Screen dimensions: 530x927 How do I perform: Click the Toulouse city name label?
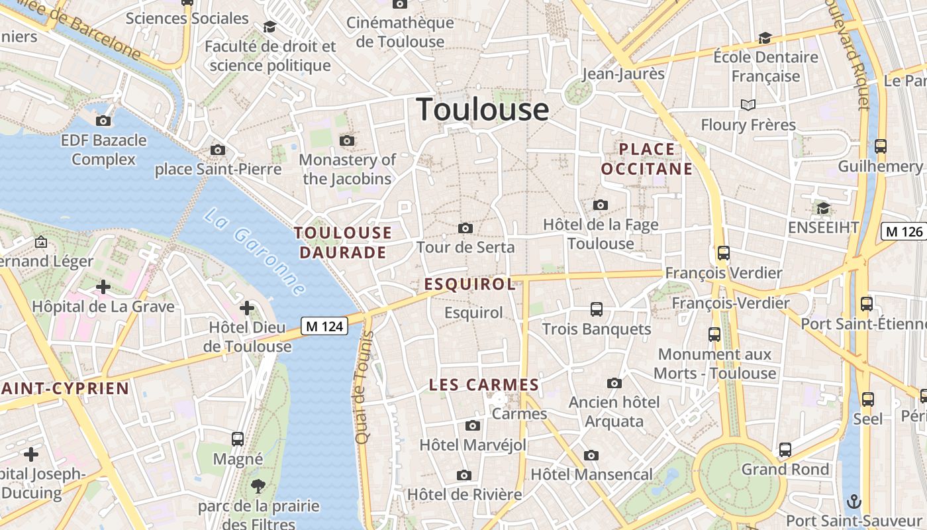483,109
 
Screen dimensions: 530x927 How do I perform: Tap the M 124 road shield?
324,326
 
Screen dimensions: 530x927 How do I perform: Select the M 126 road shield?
904,231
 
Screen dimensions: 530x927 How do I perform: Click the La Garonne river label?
255,252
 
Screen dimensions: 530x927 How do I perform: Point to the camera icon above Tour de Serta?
465,229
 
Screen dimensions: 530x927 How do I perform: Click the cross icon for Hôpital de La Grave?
103,287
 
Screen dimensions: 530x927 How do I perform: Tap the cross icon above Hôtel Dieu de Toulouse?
247,308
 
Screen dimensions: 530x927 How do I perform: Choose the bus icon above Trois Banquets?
597,309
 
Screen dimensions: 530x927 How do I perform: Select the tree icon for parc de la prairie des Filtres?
258,487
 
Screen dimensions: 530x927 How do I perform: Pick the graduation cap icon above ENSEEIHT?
823,209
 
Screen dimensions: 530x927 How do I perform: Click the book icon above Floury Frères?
748,105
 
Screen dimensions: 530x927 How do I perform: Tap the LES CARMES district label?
484,385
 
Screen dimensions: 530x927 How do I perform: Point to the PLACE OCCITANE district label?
647,159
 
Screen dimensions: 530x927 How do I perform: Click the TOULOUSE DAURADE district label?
343,242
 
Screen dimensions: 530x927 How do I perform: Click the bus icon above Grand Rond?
785,450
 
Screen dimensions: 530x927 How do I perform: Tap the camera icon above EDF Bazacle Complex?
103,121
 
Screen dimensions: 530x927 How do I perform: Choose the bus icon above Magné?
238,439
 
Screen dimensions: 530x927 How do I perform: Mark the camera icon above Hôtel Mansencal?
591,455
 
